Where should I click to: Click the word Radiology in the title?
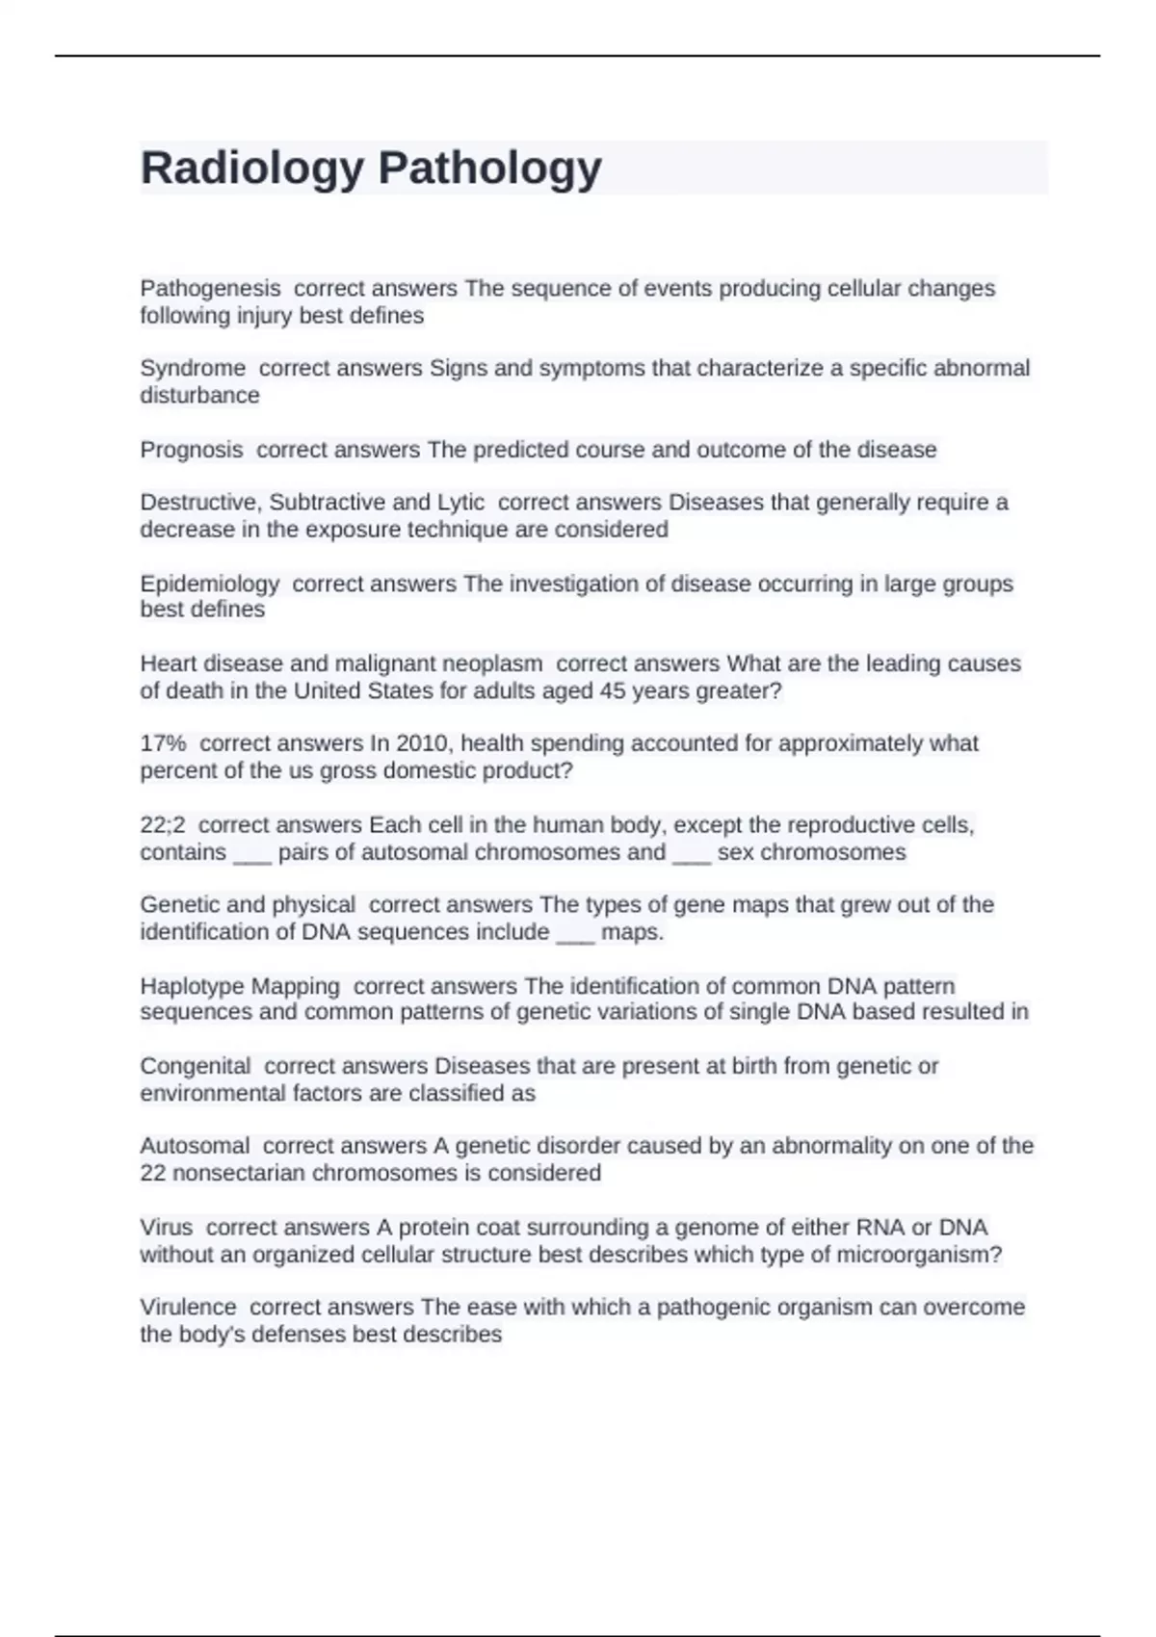coord(251,169)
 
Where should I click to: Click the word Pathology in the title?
coord(489,169)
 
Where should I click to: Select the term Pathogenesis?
coord(210,288)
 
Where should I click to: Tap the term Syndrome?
coord(193,368)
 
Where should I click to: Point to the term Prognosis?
coord(192,450)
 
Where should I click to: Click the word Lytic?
coord(460,503)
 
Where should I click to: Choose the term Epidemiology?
coord(209,584)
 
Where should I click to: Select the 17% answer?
coord(163,743)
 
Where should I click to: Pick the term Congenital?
coord(196,1066)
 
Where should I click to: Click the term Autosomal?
coord(195,1146)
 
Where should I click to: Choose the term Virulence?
coord(188,1307)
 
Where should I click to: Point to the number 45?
coord(612,690)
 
